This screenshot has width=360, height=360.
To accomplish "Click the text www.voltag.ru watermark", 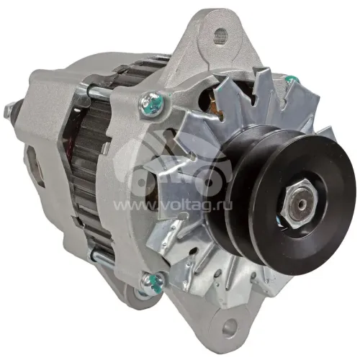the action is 172,205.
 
